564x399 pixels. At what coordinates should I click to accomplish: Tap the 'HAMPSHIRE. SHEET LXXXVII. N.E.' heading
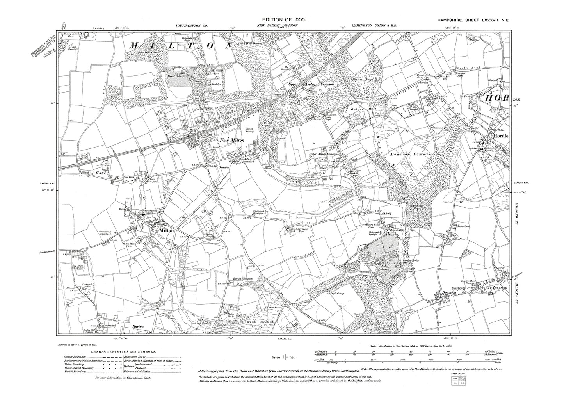point(471,20)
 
